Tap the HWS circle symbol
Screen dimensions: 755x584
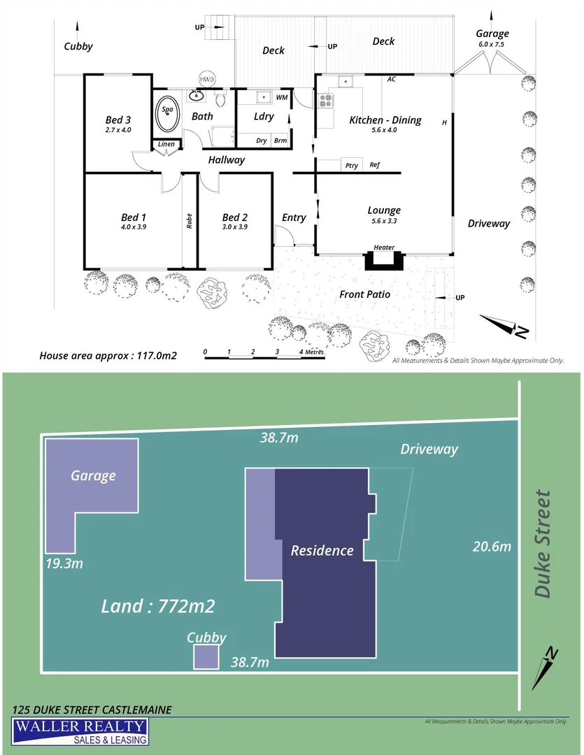[x=207, y=80]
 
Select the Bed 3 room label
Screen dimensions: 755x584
[x=118, y=120]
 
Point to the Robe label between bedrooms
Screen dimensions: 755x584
[x=189, y=221]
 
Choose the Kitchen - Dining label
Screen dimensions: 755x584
[x=385, y=120]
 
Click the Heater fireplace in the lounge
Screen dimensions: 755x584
[x=384, y=259]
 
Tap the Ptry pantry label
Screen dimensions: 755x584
[x=352, y=166]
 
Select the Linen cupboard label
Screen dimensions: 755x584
[x=166, y=145]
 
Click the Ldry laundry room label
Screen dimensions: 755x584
[x=264, y=117]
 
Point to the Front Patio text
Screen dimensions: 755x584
[x=364, y=294]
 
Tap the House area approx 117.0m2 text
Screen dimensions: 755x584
[x=108, y=355]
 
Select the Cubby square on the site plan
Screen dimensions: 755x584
[x=206, y=657]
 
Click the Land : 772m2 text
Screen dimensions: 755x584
[x=157, y=606]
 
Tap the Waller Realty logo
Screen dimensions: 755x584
[x=80, y=733]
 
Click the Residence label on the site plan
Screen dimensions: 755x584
[x=322, y=550]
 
